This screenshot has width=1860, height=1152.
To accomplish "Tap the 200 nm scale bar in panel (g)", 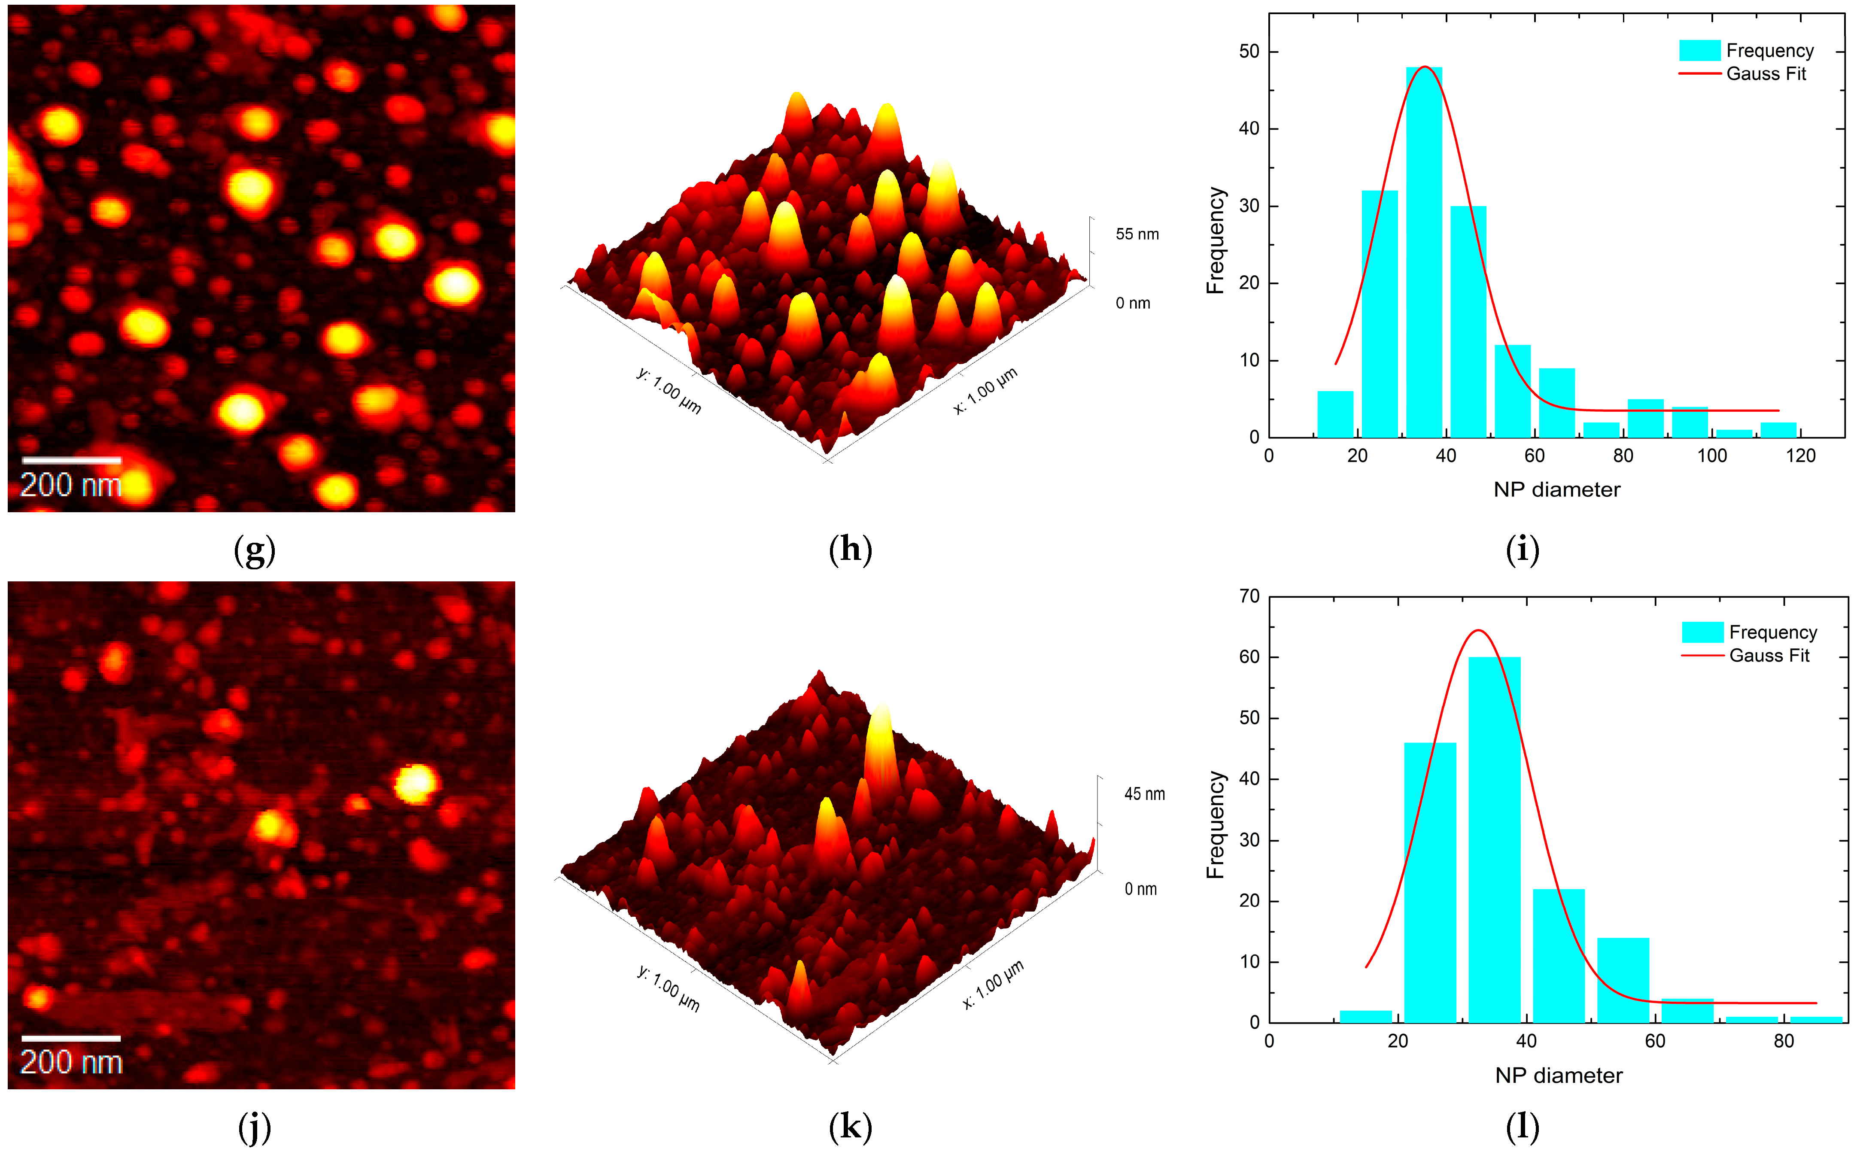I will [72, 460].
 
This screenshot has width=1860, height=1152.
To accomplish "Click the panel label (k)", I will [850, 1126].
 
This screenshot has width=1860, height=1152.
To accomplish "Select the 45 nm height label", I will [1144, 794].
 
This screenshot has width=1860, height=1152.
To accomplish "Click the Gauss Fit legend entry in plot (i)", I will [1766, 74].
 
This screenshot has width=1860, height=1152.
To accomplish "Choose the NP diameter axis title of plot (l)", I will [1559, 1075].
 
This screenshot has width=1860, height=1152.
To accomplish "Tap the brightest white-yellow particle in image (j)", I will [416, 783].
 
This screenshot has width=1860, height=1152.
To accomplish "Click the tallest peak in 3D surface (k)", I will [881, 724].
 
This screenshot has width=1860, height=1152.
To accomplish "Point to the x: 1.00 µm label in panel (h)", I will [985, 391].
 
